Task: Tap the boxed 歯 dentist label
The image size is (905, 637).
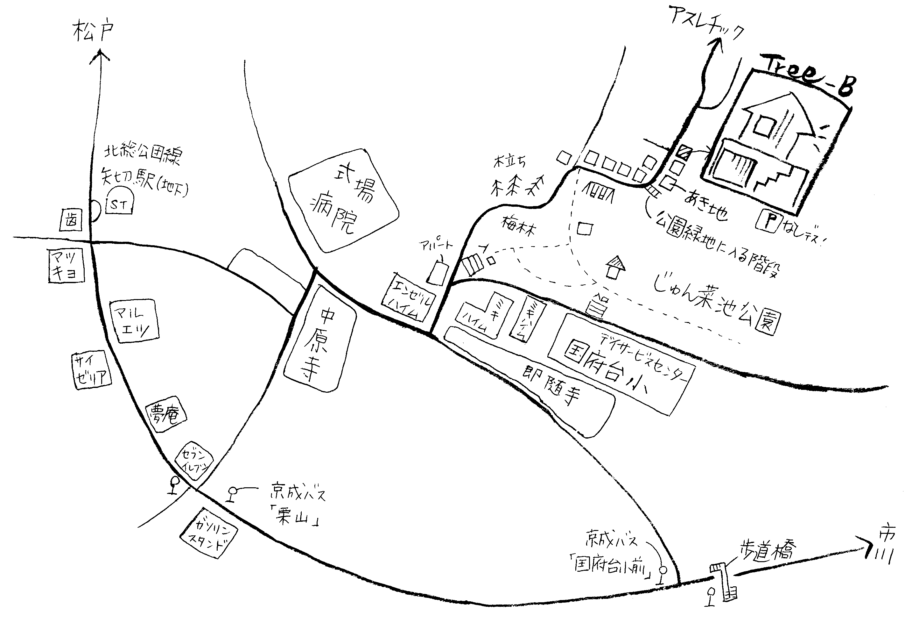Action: (x=71, y=220)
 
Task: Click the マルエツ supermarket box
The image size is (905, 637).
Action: (x=134, y=321)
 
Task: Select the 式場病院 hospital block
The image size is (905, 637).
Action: (x=343, y=200)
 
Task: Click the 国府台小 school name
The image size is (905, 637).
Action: (x=607, y=368)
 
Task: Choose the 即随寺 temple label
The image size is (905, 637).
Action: (x=552, y=385)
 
